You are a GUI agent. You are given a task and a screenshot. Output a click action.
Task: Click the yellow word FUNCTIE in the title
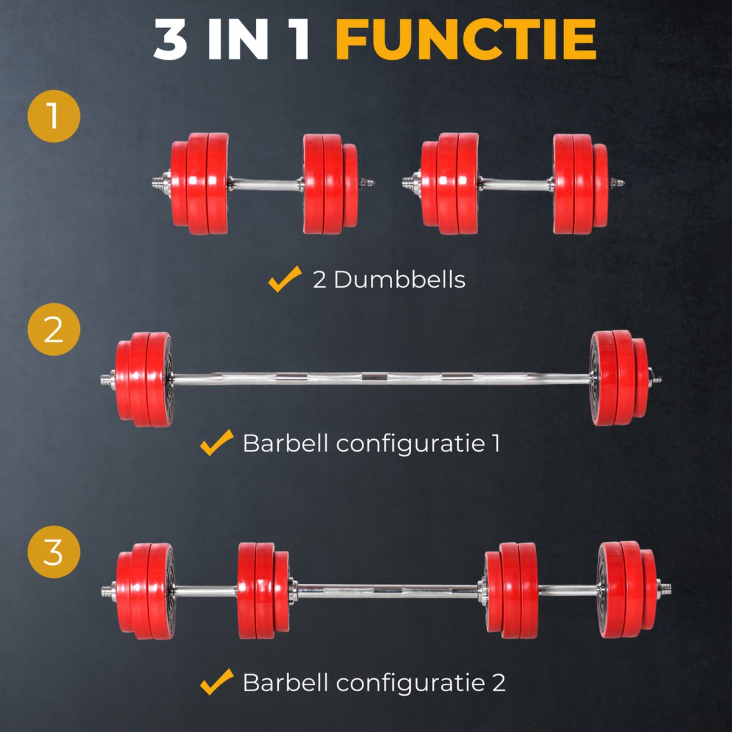465,40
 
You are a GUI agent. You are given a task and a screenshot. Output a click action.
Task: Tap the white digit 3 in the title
170,40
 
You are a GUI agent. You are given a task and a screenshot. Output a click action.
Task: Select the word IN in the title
238,40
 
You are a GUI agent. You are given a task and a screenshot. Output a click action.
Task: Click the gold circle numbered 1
54,117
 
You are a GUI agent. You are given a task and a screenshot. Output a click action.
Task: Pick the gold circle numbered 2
54,329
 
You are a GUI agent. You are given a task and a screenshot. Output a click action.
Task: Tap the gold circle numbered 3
54,552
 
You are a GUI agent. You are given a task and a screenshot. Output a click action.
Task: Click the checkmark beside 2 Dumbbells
285,279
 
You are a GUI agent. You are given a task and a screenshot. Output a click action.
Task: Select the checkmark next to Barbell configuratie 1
217,442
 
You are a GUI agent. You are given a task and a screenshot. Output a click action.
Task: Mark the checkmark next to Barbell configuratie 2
217,681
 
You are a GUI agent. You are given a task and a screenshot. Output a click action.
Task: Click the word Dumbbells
400,280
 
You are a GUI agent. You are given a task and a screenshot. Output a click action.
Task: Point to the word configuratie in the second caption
411,444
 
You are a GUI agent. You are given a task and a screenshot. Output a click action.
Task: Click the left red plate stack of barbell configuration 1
145,379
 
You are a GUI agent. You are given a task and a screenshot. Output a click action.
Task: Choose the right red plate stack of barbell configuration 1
619,378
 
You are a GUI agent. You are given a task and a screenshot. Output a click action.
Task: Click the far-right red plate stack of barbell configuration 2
626,590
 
